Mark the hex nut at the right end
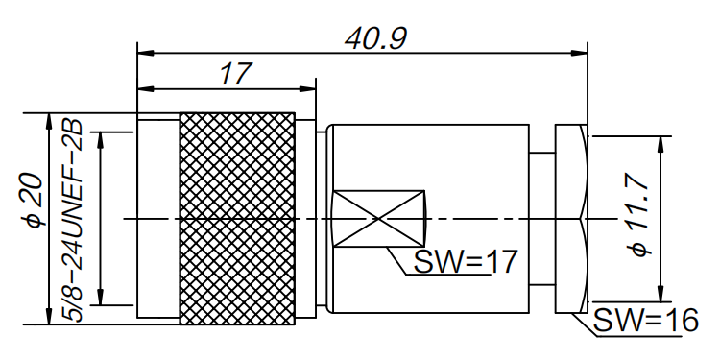pyautogui.click(x=572, y=218)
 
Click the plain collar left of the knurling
pyautogui.click(x=157, y=218)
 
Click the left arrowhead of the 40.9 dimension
pyautogui.click(x=144, y=50)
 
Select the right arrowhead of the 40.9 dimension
pyautogui.click(x=580, y=50)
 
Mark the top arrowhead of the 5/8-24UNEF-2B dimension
pyautogui.click(x=100, y=137)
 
